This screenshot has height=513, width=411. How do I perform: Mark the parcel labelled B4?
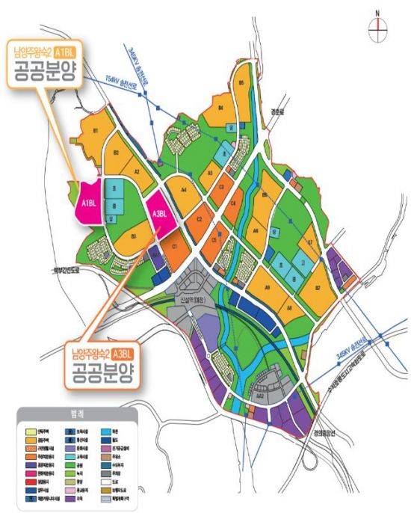click(221, 109)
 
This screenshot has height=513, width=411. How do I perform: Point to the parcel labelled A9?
click(267, 286)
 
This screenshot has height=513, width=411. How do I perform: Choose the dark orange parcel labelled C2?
click(199, 220)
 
